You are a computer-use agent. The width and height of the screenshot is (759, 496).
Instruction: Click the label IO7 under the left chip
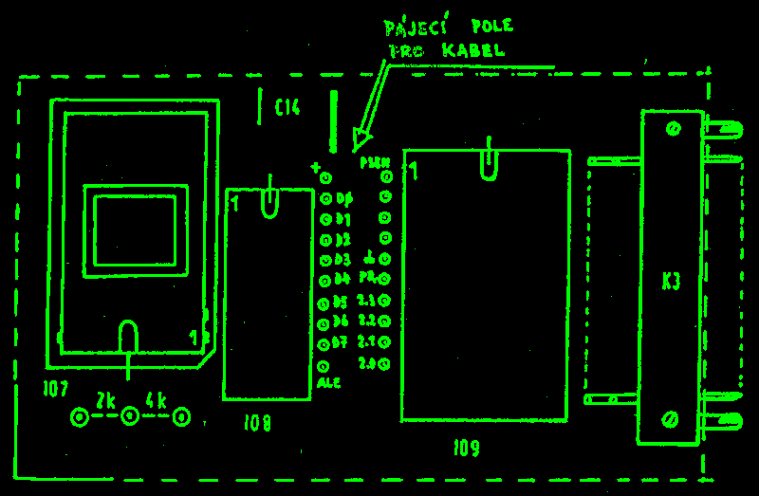coord(56,388)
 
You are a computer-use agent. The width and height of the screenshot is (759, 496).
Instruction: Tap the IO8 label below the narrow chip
coord(257,423)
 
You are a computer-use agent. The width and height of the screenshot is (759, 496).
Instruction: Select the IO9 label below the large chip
coord(467,448)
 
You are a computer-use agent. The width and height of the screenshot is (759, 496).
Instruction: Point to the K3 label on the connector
coord(671,282)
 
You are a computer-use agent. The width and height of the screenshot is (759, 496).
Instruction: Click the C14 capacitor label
coord(287,108)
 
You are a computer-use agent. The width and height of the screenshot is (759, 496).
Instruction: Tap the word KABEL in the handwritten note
coord(473,50)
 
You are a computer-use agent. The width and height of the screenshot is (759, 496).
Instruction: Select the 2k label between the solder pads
coord(104,400)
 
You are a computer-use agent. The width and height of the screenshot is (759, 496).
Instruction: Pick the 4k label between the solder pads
coord(157,400)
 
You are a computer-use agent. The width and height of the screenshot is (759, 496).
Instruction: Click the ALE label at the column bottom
coord(328,383)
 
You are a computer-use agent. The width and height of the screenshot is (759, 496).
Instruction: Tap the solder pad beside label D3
coord(325,260)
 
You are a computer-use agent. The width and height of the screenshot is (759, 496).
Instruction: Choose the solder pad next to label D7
coord(324,343)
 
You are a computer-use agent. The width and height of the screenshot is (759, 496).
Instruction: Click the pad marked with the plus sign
coord(325,177)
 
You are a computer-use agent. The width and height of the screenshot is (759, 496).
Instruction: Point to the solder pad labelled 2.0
coord(385,363)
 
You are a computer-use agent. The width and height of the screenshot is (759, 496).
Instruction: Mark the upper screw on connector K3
coord(673,129)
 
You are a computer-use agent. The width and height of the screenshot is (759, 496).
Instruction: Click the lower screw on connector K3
coord(671,417)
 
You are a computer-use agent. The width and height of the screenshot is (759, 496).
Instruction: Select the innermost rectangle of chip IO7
coord(135,231)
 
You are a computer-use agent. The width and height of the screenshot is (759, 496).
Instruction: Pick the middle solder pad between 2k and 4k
coord(130,416)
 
